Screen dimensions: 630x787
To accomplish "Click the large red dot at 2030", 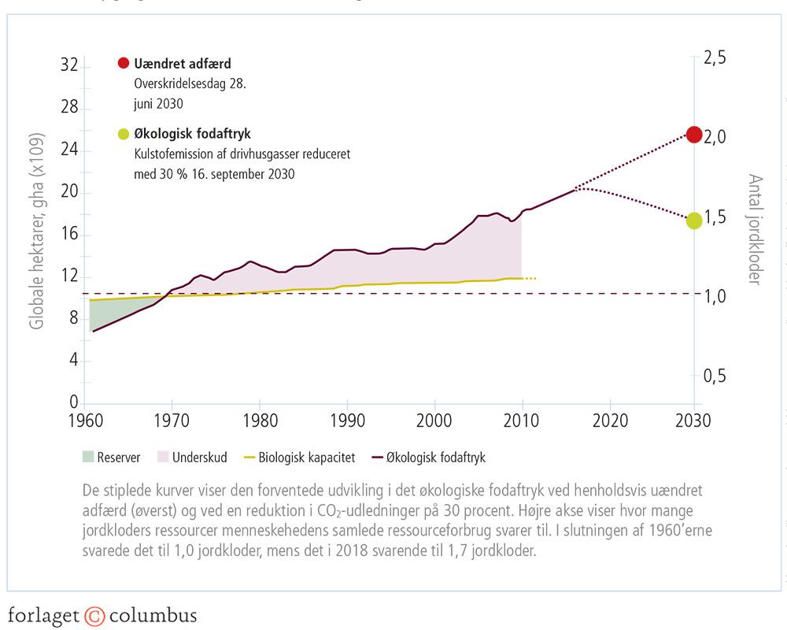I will pyautogui.click(x=694, y=135).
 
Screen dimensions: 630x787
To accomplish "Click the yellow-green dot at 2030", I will pyautogui.click(x=694, y=220).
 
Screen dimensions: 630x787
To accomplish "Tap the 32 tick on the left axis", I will pyautogui.click(x=69, y=65).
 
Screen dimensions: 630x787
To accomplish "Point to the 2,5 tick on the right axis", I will pyautogui.click(x=714, y=58).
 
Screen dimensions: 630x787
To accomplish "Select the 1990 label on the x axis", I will pyautogui.click(x=346, y=419).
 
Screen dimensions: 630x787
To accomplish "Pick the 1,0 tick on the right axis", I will pyautogui.click(x=714, y=297).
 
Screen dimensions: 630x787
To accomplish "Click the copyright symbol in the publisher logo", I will pyautogui.click(x=94, y=615).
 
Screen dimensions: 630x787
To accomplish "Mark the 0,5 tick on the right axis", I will pyautogui.click(x=714, y=376).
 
